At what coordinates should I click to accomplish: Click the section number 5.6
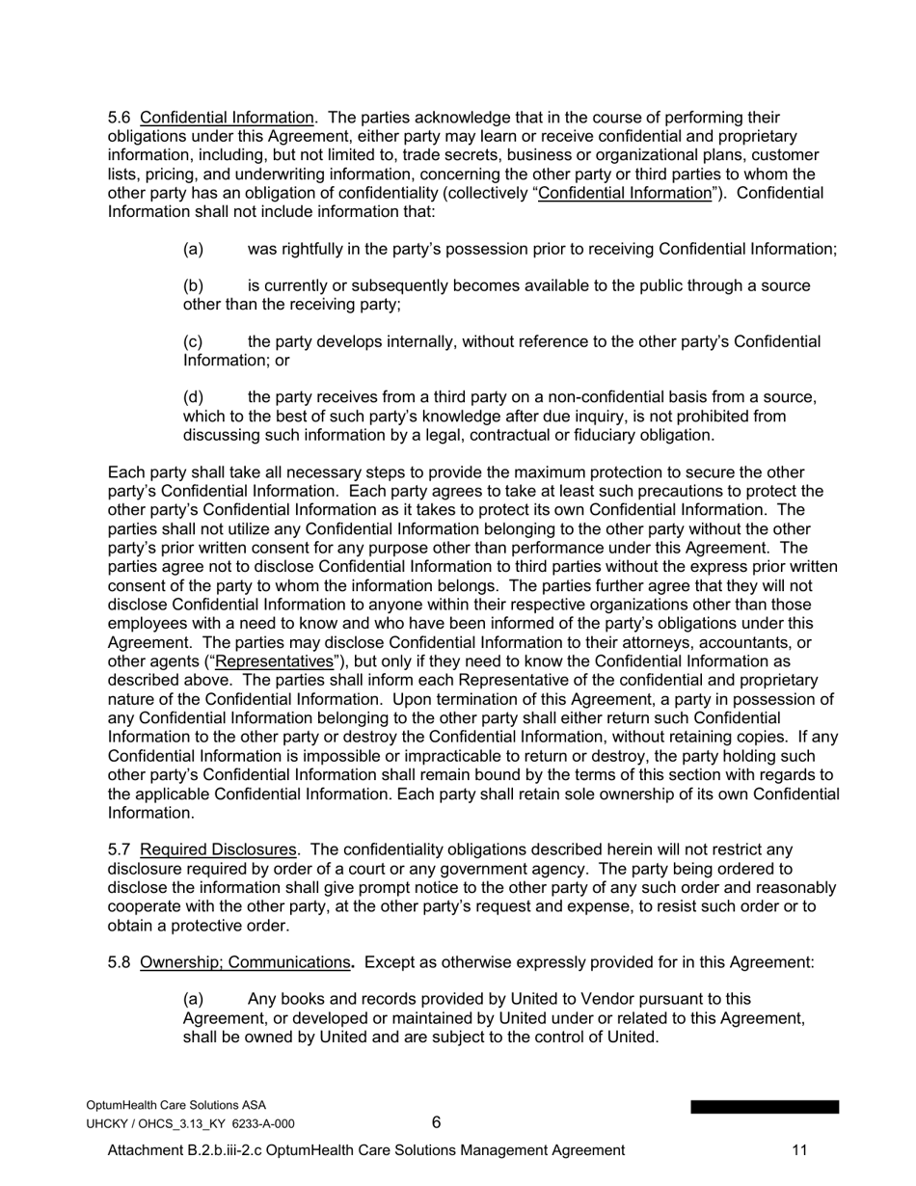click(x=119, y=118)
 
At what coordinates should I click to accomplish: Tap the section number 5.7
click(x=119, y=849)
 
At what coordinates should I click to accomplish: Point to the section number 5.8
click(x=119, y=962)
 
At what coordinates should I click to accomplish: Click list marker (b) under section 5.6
click(x=193, y=286)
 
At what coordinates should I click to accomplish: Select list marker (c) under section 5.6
click(x=193, y=342)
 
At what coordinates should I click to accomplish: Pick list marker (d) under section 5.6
click(x=193, y=397)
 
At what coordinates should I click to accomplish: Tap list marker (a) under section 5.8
click(x=193, y=1000)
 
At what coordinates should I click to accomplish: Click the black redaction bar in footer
click(x=764, y=1107)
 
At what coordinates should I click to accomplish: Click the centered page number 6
click(x=436, y=1122)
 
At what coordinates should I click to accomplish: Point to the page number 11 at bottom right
click(x=799, y=1150)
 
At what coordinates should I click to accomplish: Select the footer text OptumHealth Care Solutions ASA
click(x=176, y=1105)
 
